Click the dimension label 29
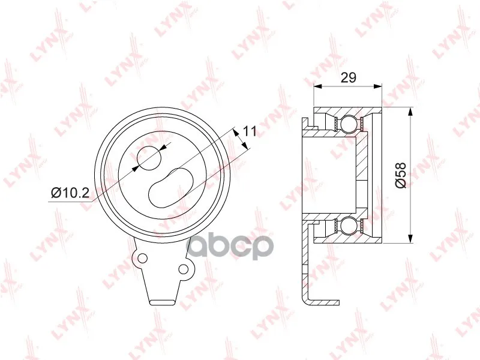349,77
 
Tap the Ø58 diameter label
400,175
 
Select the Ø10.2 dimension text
70,193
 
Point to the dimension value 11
249,131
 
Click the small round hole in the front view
149,158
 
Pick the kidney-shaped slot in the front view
171,188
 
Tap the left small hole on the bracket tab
142,258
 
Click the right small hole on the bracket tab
183,269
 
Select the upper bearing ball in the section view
349,124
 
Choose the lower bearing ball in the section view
349,226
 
